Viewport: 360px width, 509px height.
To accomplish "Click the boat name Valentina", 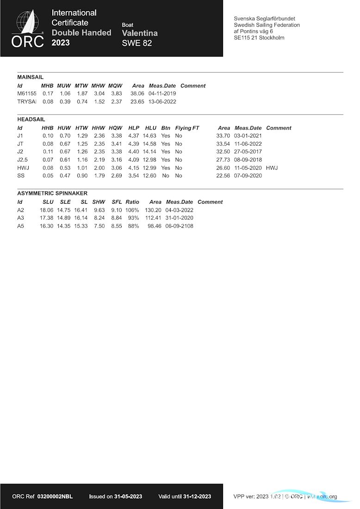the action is coord(140,33).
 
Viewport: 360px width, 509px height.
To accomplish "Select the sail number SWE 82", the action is coord(137,43).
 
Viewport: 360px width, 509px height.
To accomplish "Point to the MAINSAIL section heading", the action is coord(31,77).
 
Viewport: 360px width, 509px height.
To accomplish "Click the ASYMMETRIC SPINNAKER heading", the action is coord(52,193).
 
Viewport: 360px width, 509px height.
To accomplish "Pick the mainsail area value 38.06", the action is coord(137,93).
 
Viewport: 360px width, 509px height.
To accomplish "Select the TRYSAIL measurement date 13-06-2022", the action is coord(162,102).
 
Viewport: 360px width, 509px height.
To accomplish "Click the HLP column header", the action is coord(134,128).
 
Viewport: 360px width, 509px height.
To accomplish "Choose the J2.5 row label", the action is coord(23,160).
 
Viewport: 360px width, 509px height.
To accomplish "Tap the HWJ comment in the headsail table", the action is coord(272,168).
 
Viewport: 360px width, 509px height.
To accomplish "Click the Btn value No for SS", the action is coord(166,176).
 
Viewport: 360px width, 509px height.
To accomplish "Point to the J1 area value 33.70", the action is coord(223,136).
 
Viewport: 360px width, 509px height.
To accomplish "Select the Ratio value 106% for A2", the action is coord(132,210).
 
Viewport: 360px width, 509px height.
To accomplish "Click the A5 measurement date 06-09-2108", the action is coord(179,226).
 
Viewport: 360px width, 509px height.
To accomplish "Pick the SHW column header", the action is coord(99,202).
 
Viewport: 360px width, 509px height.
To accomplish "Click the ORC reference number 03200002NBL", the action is coord(55,497).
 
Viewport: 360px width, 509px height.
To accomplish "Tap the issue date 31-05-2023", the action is coord(128,497).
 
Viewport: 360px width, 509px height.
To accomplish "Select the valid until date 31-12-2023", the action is coord(197,497).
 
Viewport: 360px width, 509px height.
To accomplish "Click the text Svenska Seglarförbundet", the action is coord(265,19).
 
